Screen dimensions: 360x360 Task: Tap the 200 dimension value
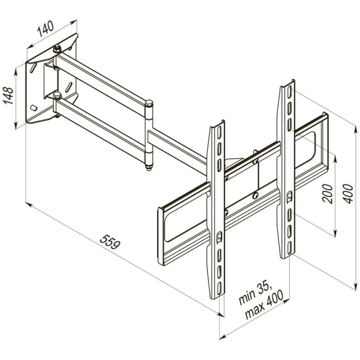point(328,194)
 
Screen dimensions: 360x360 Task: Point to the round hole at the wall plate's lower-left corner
point(34,109)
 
